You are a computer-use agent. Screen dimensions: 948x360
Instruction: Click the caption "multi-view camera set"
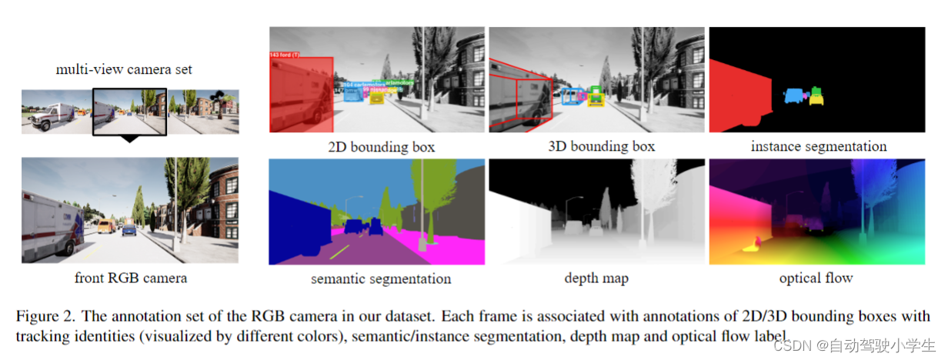click(x=124, y=70)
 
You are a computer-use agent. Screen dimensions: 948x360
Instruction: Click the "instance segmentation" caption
click(x=818, y=146)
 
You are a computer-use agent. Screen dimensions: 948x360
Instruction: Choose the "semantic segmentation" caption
click(x=381, y=278)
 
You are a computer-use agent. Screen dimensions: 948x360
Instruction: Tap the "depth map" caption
click(x=597, y=278)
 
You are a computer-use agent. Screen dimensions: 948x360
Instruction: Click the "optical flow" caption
click(x=816, y=278)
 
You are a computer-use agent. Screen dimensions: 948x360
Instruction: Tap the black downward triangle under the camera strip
click(x=129, y=138)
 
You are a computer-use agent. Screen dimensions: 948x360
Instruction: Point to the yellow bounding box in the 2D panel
click(x=376, y=98)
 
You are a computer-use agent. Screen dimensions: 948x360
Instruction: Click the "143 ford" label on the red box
click(x=285, y=55)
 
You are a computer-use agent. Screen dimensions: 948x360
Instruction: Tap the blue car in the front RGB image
click(x=129, y=229)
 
